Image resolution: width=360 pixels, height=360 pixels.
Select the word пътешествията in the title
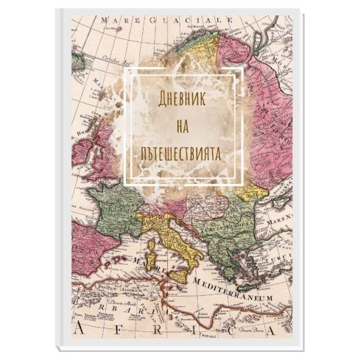click(x=181, y=156)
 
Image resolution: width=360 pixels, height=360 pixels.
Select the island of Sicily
click(x=180, y=275)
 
